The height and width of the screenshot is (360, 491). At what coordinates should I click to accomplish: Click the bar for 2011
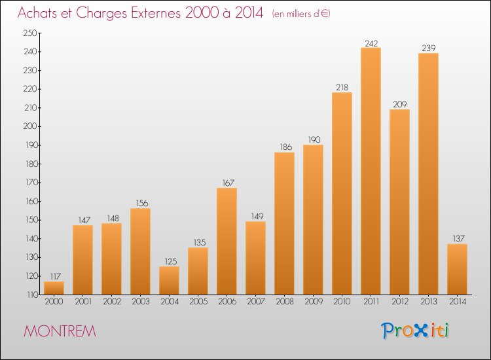click(x=371, y=171)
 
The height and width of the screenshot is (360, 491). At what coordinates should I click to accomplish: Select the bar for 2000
click(x=54, y=288)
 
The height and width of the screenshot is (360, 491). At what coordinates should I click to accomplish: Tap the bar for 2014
click(x=457, y=269)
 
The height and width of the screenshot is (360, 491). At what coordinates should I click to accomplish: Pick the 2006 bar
click(x=227, y=241)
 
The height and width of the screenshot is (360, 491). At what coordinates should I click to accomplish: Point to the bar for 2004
click(x=169, y=281)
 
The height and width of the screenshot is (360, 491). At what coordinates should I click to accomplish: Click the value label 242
click(x=371, y=43)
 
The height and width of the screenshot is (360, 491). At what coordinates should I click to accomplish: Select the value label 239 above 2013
click(x=429, y=48)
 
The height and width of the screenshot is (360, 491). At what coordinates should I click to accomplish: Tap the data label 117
click(x=56, y=277)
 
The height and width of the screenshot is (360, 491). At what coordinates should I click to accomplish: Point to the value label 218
click(x=342, y=88)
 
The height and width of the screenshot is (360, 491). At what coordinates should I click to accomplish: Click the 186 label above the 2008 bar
click(x=285, y=147)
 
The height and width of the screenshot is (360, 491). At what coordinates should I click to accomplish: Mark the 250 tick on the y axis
click(x=30, y=33)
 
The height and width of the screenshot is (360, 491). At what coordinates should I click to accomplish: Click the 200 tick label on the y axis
click(x=30, y=126)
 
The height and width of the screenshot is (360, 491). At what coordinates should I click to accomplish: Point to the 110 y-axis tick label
click(x=32, y=295)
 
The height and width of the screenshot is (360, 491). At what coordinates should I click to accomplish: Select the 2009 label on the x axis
click(x=314, y=302)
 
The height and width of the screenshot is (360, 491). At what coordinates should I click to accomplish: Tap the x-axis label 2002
click(x=112, y=302)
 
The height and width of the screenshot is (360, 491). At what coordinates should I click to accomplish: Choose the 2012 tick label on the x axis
click(x=400, y=302)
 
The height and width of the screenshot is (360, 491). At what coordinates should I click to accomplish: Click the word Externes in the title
click(x=156, y=12)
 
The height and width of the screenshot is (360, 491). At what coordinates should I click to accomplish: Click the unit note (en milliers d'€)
click(x=301, y=14)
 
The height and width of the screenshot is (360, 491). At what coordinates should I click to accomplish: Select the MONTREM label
click(x=60, y=331)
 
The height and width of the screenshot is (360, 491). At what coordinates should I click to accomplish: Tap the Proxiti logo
click(x=415, y=331)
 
